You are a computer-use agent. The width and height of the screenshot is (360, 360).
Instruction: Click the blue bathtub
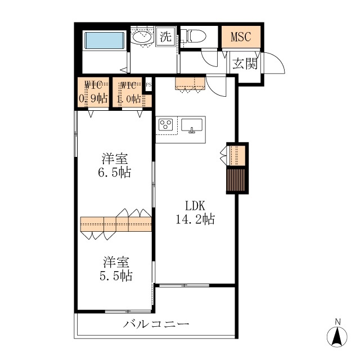(105, 40)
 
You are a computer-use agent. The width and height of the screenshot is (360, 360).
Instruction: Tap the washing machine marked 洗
(166, 36)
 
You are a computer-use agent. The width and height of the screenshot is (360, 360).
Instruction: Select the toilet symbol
(196, 36)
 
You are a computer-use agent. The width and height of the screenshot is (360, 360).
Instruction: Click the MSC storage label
(241, 37)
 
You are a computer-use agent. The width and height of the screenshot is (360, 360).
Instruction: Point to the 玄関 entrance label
(245, 64)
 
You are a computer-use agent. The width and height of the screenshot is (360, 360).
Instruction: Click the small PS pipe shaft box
(148, 85)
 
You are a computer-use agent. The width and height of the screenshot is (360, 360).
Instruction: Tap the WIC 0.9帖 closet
(93, 92)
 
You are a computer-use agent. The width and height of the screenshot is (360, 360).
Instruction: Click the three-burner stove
(166, 125)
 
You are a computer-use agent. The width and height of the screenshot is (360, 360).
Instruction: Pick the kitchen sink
(192, 125)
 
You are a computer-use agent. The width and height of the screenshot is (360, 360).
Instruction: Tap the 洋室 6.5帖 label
(115, 165)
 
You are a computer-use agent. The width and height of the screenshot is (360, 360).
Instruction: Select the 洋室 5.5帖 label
(116, 269)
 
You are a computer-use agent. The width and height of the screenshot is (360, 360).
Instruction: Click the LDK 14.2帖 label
(195, 212)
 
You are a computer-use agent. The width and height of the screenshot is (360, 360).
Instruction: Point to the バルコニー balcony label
(156, 324)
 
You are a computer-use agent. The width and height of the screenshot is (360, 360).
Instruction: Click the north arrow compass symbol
(337, 336)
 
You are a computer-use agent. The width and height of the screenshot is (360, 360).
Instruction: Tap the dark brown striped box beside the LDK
(236, 180)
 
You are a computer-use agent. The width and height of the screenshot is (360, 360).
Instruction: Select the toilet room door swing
(209, 58)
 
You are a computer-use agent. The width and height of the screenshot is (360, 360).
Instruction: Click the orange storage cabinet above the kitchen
(190, 84)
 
